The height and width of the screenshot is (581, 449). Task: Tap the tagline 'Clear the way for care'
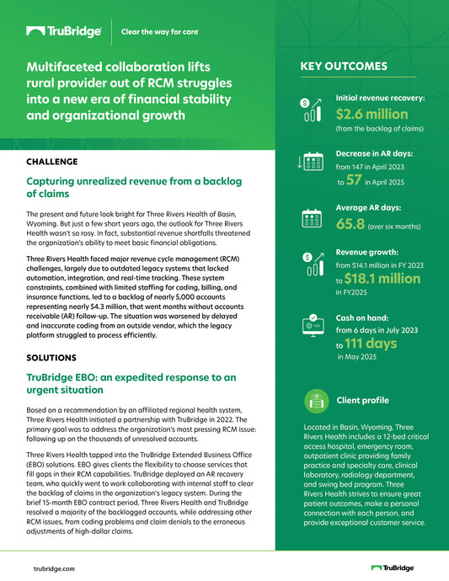click(x=160, y=32)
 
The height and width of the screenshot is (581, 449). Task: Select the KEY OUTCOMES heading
click(x=344, y=67)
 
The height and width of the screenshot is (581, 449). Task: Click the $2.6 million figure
click(x=371, y=114)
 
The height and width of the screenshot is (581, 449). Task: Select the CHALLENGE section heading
click(x=52, y=161)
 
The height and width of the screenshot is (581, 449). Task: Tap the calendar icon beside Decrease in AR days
click(x=311, y=162)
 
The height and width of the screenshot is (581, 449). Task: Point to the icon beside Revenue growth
click(x=311, y=263)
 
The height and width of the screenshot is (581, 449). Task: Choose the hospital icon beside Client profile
click(x=315, y=399)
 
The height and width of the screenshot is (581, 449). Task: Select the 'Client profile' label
click(x=362, y=400)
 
